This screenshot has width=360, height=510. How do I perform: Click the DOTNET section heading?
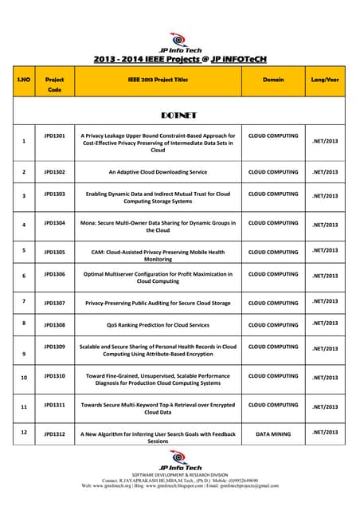[x=180, y=115]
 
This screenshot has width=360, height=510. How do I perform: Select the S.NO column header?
[x=24, y=80]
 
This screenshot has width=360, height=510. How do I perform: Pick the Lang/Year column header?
[x=325, y=80]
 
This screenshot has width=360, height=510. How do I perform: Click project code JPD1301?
[x=54, y=135]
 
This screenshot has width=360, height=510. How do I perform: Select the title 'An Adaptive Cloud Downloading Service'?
[x=158, y=171]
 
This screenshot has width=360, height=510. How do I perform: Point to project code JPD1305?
[x=54, y=251]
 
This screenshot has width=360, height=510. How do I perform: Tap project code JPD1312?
[x=54, y=434]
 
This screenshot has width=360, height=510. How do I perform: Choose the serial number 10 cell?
[x=24, y=378]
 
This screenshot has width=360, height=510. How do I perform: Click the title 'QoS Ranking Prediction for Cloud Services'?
[x=158, y=325]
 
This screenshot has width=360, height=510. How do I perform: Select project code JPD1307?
[x=54, y=303]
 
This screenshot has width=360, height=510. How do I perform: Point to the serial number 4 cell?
[x=24, y=225]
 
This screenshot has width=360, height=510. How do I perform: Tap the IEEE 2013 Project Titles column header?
[x=158, y=80]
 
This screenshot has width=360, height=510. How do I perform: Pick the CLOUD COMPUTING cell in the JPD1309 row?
[x=273, y=347]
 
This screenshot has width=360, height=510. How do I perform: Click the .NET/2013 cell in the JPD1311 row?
[x=325, y=406]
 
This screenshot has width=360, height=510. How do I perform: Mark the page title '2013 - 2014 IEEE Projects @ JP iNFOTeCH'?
[x=180, y=58]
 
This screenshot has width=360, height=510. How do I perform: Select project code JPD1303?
[x=54, y=194]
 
